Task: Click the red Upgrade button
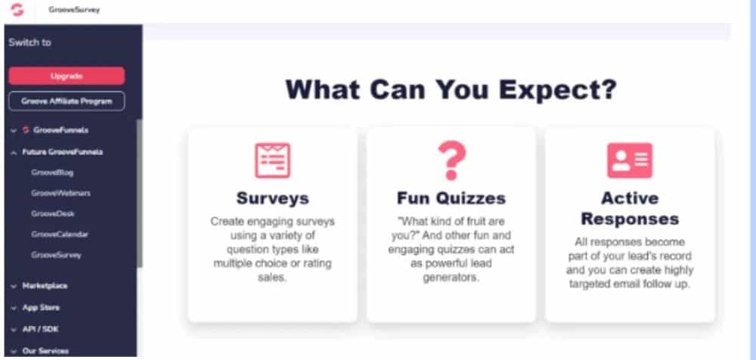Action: [x=67, y=76]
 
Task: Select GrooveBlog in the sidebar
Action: [x=52, y=172]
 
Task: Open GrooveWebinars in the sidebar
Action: [x=60, y=193]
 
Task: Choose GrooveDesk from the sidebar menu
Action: [x=53, y=213]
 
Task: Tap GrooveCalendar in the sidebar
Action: [x=60, y=234]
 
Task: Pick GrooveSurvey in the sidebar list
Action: [x=57, y=255]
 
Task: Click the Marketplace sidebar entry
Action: [x=45, y=286]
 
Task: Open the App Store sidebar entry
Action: [x=41, y=307]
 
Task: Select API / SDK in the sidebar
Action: [x=41, y=329]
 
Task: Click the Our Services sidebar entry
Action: [x=45, y=351]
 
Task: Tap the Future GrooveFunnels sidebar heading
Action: [x=62, y=152]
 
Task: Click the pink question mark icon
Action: [x=451, y=160]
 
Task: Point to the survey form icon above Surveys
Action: [x=272, y=160]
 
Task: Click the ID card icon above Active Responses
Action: [x=630, y=160]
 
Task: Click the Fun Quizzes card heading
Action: [x=451, y=198]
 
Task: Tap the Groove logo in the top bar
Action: [x=17, y=10]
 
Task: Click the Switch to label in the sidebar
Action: [x=29, y=42]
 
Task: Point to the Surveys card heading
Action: [x=272, y=198]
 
